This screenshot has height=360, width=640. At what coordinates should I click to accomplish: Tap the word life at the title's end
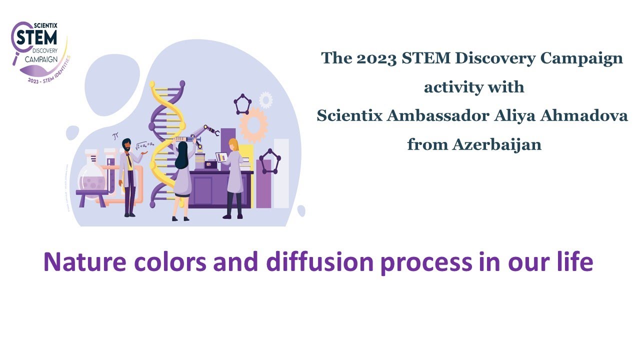pos(575,262)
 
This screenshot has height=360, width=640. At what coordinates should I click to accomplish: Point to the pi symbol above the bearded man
pos(115,135)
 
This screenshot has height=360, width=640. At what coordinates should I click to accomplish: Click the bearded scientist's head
pos(126,144)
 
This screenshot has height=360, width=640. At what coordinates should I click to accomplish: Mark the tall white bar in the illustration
pos(281,172)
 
